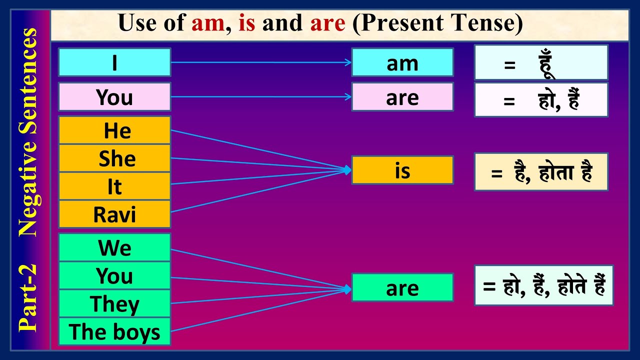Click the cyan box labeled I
[x=114, y=62]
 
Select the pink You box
[x=114, y=97]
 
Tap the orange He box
[x=114, y=130]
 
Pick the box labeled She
[x=114, y=158]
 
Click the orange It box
[x=114, y=186]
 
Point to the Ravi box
[x=114, y=214]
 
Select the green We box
[x=114, y=247]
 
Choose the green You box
[x=114, y=275]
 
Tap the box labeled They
[x=114, y=303]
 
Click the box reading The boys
[x=114, y=331]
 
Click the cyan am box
[x=402, y=62]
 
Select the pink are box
[x=402, y=97]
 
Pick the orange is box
[x=402, y=170]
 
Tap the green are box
[x=402, y=287]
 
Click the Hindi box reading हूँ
[x=541, y=63]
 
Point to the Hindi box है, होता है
[x=541, y=172]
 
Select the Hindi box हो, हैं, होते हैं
[x=543, y=285]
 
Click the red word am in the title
[x=207, y=23]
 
